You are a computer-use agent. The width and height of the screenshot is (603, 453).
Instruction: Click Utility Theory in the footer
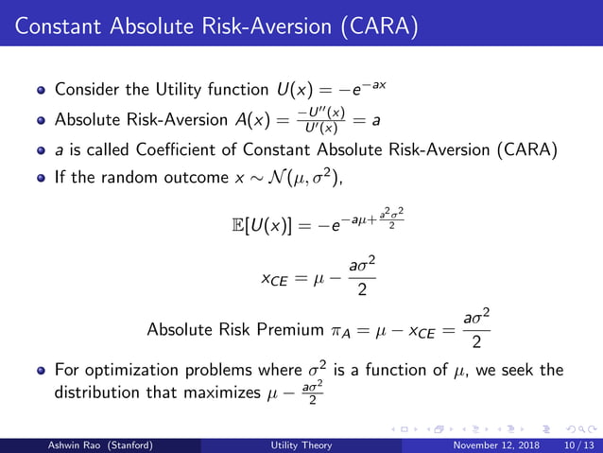coord(301,444)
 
